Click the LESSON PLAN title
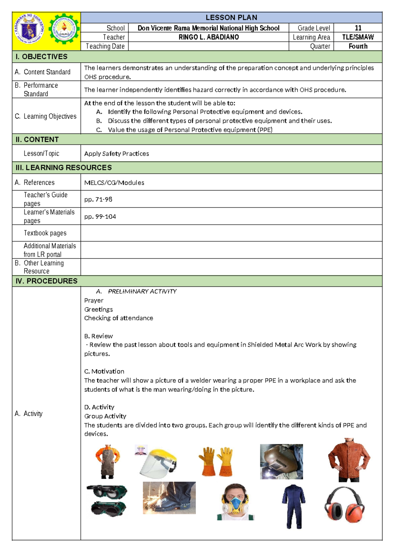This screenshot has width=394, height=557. (x=231, y=17)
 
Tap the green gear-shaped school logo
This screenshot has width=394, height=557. (x=64, y=29)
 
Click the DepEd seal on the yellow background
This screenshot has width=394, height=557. (x=29, y=29)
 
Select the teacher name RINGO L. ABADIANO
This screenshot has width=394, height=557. (x=208, y=37)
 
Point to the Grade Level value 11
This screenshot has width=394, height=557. (x=358, y=28)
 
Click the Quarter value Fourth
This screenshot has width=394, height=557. (x=358, y=46)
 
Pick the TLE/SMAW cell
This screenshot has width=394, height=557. (x=358, y=37)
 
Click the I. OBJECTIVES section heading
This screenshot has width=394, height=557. (x=41, y=56)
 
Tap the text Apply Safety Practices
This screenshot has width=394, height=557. (x=116, y=153)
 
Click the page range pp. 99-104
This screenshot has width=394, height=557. (x=100, y=216)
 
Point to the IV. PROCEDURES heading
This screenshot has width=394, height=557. (x=46, y=281)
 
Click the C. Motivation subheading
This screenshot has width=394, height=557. (x=104, y=371)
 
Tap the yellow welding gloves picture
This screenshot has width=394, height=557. (x=216, y=461)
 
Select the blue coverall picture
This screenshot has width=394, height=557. (x=294, y=506)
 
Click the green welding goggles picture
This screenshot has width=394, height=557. (x=107, y=500)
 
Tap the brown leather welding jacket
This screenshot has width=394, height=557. (x=349, y=460)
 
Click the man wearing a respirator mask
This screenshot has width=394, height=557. (x=235, y=502)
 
